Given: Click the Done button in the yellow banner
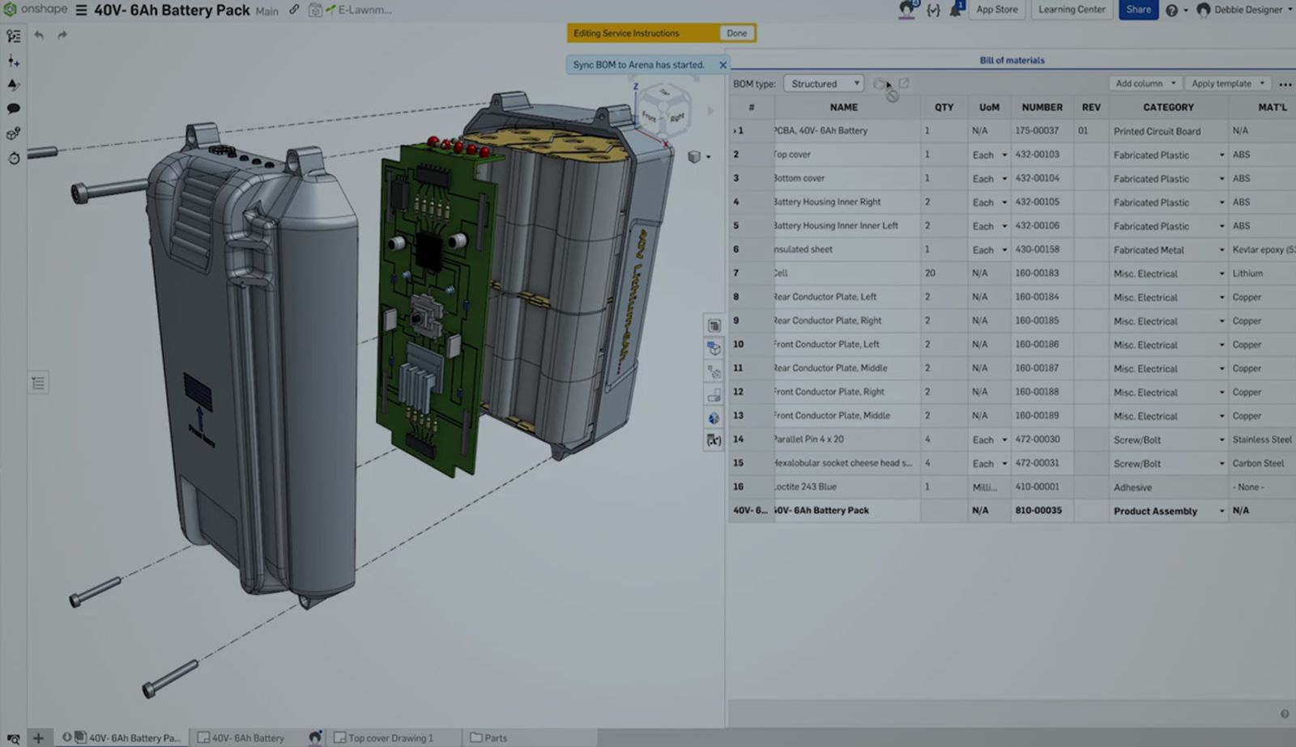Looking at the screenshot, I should (736, 33).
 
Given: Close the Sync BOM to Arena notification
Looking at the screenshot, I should (723, 65).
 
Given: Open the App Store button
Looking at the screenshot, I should (996, 10).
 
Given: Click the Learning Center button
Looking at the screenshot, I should (1072, 10).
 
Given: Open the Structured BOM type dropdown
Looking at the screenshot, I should (824, 83).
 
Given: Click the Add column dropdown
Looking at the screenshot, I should (1145, 83).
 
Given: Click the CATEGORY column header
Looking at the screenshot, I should (1167, 107).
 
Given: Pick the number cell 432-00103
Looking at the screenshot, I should (1037, 154).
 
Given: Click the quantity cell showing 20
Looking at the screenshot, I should (930, 273).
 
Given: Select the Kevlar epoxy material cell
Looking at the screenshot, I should (1262, 249).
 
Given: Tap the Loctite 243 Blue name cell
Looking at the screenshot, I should (806, 486).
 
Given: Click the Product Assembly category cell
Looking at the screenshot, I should (1155, 511).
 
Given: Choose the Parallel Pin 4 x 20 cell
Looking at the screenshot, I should (809, 439).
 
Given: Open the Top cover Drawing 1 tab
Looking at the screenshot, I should (390, 737).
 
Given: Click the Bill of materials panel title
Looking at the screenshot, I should (1012, 60).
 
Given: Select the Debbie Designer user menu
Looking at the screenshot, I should (1247, 10).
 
